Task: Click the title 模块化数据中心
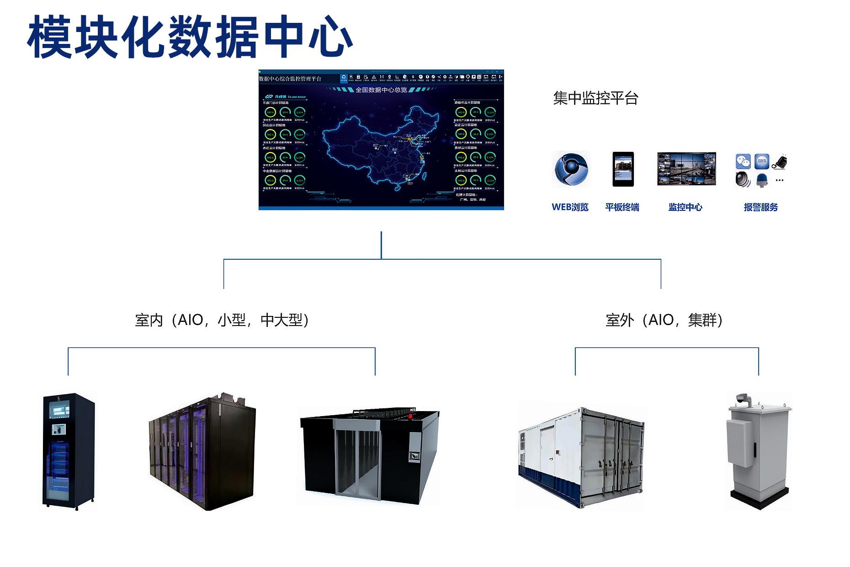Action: pos(190,37)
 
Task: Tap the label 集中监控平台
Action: pos(595,98)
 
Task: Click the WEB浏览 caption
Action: pos(570,207)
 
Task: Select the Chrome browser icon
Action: pos(571,170)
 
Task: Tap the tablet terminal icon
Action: pos(623,169)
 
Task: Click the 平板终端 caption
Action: pos(622,207)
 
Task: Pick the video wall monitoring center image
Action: pos(686,169)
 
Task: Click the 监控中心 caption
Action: pos(685,207)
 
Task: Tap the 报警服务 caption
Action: pos(760,207)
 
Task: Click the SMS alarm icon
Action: pos(761,161)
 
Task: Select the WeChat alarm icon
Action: pos(743,161)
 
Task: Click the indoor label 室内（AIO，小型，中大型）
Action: pos(222,320)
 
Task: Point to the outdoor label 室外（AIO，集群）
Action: pos(664,320)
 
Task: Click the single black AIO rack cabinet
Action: pos(69,450)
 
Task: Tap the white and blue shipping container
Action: pos(580,457)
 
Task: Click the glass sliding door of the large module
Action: pos(357,462)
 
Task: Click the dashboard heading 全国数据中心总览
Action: pos(381,90)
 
